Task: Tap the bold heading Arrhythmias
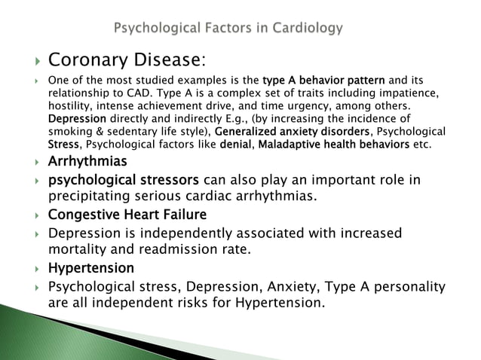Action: click(x=87, y=161)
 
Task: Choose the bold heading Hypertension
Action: click(x=91, y=267)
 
